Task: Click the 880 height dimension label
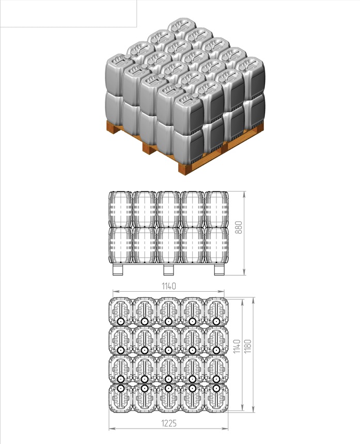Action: (x=239, y=227)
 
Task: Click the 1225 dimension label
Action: (x=169, y=423)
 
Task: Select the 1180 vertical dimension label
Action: (x=247, y=346)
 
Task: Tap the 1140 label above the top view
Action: (x=169, y=286)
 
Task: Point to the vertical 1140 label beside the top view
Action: (x=237, y=346)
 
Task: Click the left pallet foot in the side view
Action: (x=118, y=269)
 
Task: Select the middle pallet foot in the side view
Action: (x=168, y=269)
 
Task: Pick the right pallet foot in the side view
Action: (x=219, y=269)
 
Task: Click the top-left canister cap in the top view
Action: (x=121, y=322)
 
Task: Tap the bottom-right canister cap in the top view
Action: (x=216, y=388)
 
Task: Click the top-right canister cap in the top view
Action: (x=216, y=322)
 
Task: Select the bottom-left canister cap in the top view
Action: (x=121, y=388)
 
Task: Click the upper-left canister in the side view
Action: (x=121, y=210)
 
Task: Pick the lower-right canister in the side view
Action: (x=216, y=245)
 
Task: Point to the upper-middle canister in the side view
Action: (x=168, y=210)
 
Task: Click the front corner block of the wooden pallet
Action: (x=185, y=168)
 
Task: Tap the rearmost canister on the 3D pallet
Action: (x=182, y=27)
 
